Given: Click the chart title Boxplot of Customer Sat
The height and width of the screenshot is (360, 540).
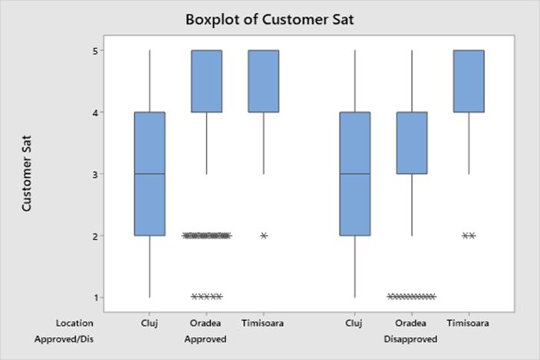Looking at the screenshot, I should click(x=269, y=18).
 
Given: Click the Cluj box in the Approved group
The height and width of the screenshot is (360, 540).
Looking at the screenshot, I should click(x=150, y=173).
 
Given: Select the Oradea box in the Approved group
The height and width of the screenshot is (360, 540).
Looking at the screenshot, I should click(x=206, y=81).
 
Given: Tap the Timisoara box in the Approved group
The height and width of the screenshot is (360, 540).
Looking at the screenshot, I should click(x=263, y=81).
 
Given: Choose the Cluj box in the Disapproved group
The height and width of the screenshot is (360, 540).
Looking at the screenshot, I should click(x=355, y=173).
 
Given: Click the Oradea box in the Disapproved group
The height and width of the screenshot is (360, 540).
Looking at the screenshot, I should click(x=412, y=143).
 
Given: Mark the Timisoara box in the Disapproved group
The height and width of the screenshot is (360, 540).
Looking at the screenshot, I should click(x=469, y=81).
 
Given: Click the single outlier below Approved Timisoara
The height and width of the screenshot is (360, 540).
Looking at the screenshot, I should click(x=264, y=236).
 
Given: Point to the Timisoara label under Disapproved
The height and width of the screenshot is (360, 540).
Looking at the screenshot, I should click(x=469, y=323).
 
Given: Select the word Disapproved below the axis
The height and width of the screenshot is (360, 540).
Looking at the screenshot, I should click(x=412, y=339).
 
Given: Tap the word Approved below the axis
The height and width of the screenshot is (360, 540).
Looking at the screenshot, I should click(x=206, y=339).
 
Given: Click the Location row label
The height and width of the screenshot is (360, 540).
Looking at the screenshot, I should click(x=74, y=323).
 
